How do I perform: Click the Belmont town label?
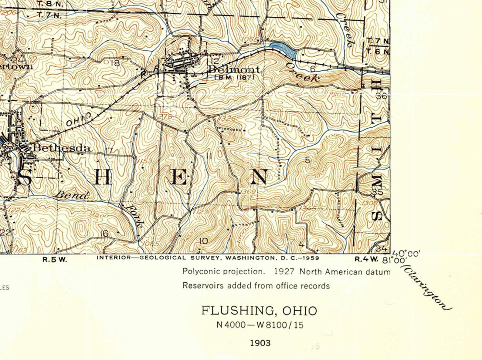[x=234, y=70]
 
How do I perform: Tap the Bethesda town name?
[x=62, y=148]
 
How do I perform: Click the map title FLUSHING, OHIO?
[x=260, y=311]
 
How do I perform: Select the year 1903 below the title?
[x=260, y=343]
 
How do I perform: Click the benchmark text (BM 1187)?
[x=234, y=78]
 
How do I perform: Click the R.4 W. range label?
[x=367, y=259]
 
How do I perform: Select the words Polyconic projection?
[x=223, y=271]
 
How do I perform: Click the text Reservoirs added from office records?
[x=256, y=286]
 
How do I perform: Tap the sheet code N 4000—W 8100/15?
[x=260, y=325]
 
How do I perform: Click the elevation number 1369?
[x=249, y=192]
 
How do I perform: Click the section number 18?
[x=116, y=63]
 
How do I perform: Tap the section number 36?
[x=381, y=96]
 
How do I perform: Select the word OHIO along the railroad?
[x=78, y=119]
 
